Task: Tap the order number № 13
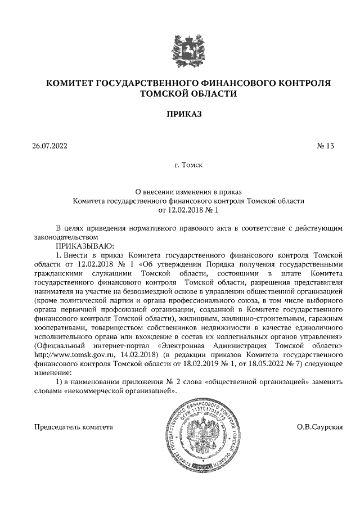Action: [x=326, y=146]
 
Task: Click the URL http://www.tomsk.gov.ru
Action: [x=73, y=355]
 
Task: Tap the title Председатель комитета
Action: [x=74, y=427]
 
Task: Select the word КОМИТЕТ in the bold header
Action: [x=69, y=83]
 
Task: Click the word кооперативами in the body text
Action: [x=60, y=318]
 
